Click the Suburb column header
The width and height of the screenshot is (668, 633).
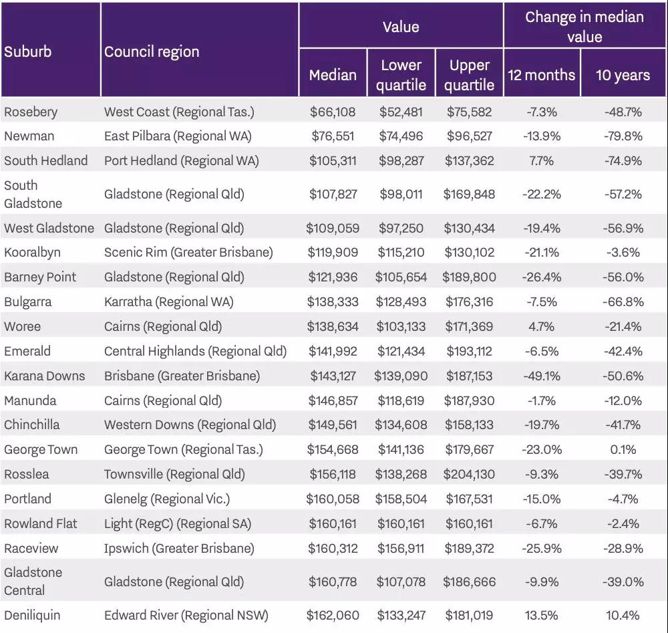coord(28,52)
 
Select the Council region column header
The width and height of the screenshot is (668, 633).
coord(152,52)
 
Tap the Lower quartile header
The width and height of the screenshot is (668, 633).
coord(401,75)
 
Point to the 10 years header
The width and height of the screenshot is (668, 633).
coord(623,75)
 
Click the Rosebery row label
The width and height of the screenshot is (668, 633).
coord(31,112)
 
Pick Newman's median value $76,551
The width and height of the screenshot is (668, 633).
coord(333,136)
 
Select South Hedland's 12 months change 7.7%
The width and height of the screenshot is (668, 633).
coord(542,160)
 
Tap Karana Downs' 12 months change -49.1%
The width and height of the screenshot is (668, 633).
coord(542,376)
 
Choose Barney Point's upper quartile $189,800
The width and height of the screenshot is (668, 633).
coord(470,277)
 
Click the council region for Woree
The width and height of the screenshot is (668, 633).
coord(163,327)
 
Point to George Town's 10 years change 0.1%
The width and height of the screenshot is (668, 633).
coord(623,450)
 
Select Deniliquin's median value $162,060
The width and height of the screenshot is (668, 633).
coord(333,616)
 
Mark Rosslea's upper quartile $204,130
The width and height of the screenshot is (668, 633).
coord(470,475)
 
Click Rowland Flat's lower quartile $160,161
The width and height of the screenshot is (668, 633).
coord(401,523)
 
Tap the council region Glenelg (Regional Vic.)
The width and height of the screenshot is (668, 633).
coord(167,499)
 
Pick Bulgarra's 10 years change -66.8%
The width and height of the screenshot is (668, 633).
coord(623,302)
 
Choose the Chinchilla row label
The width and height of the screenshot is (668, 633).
coord(32,425)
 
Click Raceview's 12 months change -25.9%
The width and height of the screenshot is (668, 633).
coord(542,548)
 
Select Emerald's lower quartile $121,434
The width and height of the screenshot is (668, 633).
coord(401,352)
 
